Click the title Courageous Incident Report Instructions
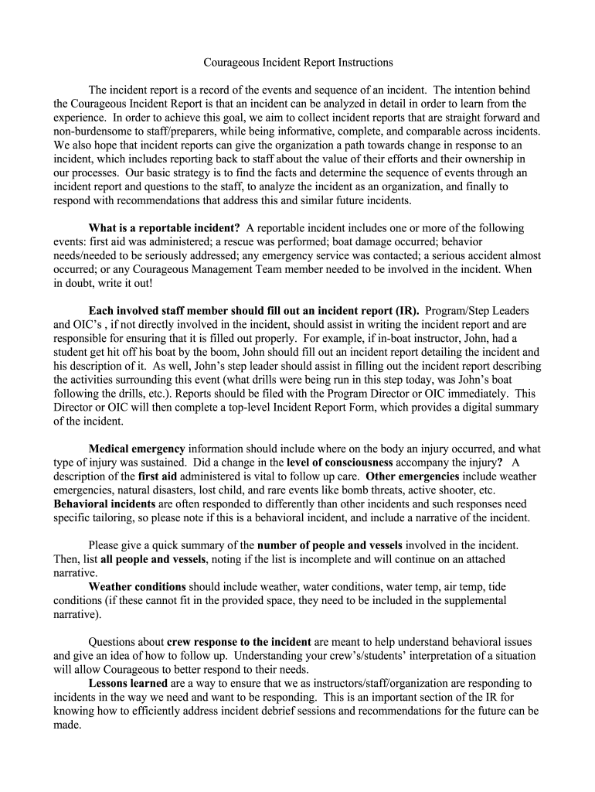(x=297, y=62)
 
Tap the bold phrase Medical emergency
(x=137, y=449)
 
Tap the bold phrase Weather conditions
(x=138, y=586)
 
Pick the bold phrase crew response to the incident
(x=239, y=642)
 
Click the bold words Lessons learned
(x=128, y=684)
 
